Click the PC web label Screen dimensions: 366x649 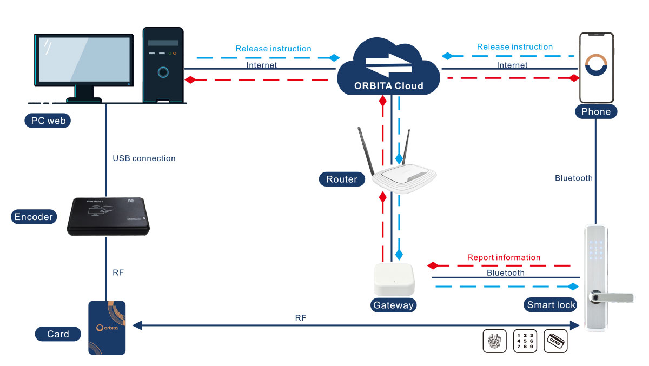pos(48,121)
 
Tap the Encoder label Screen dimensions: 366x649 pos(34,217)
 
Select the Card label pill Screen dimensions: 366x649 pos(58,334)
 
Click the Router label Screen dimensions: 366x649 pos(342,179)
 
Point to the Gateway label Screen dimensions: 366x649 pos(393,305)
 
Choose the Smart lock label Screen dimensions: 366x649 pos(551,305)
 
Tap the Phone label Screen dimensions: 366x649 pos(595,112)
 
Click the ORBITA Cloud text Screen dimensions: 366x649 pos(388,86)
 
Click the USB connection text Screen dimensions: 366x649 pos(144,158)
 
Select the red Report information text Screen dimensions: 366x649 pos(504,257)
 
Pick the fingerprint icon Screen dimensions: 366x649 pos(494,341)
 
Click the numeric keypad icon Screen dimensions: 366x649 pos(525,341)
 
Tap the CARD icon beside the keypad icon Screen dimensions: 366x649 pos(555,341)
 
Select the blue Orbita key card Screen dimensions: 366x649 pos(107,328)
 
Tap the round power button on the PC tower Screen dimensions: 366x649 pos(163,71)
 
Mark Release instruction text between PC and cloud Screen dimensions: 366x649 pos(273,49)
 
